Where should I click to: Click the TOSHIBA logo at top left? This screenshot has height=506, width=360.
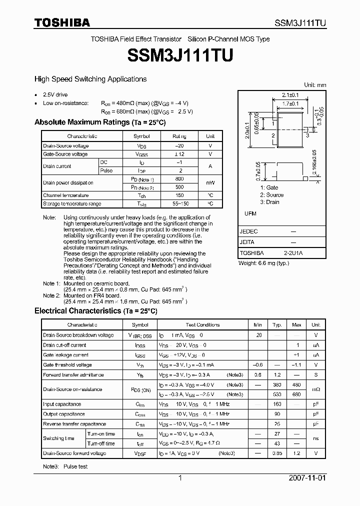(62, 22)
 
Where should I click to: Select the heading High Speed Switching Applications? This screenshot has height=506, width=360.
(90, 79)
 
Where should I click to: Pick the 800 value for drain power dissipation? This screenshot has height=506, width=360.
(179, 178)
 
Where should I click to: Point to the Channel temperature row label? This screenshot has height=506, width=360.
(65, 195)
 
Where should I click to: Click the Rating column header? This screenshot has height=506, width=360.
(179, 136)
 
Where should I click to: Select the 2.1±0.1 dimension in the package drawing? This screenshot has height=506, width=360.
(290, 95)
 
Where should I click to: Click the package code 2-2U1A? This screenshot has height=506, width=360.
(293, 253)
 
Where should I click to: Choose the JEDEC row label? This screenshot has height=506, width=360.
(248, 231)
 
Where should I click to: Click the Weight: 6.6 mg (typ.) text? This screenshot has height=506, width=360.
(263, 263)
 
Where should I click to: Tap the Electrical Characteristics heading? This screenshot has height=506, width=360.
(95, 311)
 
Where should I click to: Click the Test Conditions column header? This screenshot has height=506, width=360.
(202, 324)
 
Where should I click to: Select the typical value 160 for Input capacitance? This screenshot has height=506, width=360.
(277, 404)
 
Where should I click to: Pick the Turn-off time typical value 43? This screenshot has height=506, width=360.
(277, 443)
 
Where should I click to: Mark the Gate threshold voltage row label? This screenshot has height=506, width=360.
(67, 365)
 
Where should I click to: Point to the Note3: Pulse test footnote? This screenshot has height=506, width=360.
(65, 466)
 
